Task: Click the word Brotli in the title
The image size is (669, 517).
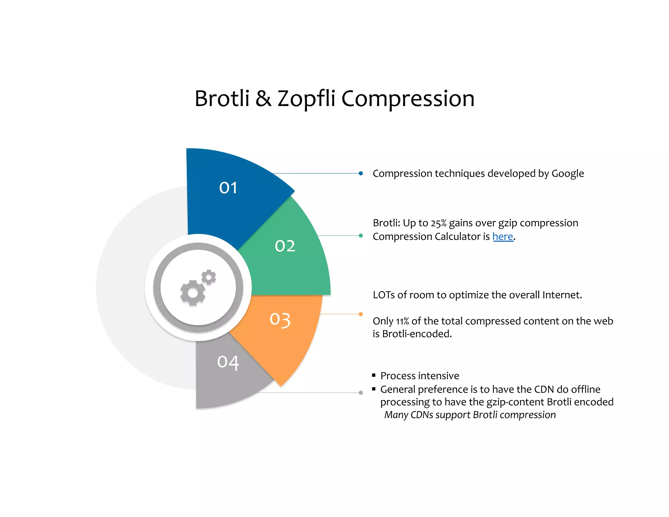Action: [x=222, y=98]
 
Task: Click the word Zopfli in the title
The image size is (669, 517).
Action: [x=306, y=98]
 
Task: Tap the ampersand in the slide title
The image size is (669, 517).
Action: [x=263, y=98]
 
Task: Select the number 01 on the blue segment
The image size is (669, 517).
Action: [x=228, y=188]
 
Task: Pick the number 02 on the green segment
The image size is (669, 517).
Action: [x=285, y=246]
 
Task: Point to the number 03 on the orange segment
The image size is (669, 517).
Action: [x=280, y=319]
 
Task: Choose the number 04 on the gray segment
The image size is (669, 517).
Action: [x=228, y=362]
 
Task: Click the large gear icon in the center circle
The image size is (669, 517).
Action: [x=192, y=293]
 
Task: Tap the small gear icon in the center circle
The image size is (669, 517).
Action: [x=209, y=277]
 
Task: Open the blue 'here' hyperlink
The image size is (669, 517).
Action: [x=503, y=236]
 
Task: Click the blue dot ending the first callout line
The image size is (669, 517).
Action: [x=361, y=173]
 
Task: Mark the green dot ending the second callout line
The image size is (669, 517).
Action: [x=361, y=236]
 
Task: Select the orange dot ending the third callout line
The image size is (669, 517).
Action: [x=361, y=314]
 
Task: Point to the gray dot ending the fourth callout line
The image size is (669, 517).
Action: [x=361, y=393]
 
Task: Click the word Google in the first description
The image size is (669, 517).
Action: [x=567, y=174]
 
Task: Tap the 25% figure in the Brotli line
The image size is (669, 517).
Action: [x=438, y=223]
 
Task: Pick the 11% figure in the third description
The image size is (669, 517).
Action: [x=402, y=322]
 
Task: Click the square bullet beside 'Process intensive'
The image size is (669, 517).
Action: [x=374, y=375]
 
